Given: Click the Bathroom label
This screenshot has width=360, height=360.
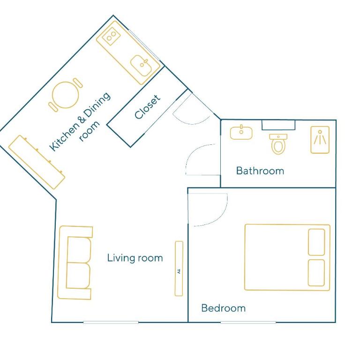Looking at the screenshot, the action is click(260, 171).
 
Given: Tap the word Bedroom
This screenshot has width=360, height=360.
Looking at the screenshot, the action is click(224, 308).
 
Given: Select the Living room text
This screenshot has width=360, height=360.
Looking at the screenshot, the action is click(135, 258).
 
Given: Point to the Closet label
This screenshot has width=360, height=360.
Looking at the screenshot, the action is click(147, 107).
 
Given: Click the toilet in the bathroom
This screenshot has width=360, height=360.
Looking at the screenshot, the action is click(278, 144).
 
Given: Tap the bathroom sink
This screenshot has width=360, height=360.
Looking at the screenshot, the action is click(241, 133).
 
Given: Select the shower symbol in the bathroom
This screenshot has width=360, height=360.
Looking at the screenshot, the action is click(320, 140).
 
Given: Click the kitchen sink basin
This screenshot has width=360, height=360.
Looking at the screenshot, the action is click(141, 66).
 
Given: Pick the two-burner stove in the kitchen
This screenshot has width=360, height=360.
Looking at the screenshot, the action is click(111, 36).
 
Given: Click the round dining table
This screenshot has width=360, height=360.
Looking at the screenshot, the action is click(66, 95).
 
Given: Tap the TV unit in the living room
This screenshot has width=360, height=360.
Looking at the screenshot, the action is click(179, 269).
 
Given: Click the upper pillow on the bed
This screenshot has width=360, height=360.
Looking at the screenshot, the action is click(316, 242).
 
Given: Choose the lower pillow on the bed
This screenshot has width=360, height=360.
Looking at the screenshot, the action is click(316, 273).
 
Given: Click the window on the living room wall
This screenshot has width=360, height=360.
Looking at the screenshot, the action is click(111, 322).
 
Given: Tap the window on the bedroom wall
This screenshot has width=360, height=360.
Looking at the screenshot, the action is click(248, 322).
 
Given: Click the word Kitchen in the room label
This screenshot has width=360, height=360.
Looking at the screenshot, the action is click(63, 137).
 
